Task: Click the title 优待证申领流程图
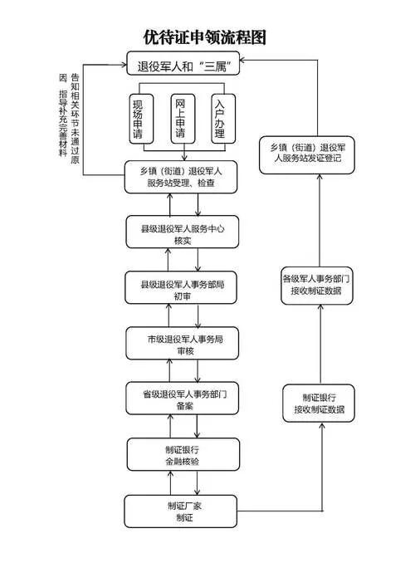pyautogui.click(x=205, y=37)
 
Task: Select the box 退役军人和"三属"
pyautogui.click(x=183, y=64)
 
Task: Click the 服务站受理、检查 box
pyautogui.click(x=182, y=177)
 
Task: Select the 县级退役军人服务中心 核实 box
pyautogui.click(x=182, y=232)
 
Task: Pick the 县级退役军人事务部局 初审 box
pyautogui.click(x=182, y=288)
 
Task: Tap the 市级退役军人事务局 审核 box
pyautogui.click(x=182, y=344)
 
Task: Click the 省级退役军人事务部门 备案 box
pyautogui.click(x=182, y=399)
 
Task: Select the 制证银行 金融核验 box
pyautogui.click(x=182, y=454)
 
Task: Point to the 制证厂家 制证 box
pyautogui.click(x=182, y=511)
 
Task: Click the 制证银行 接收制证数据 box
pyautogui.click(x=319, y=403)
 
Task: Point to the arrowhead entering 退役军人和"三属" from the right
pyautogui.click(x=244, y=61)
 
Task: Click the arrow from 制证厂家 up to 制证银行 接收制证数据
pyautogui.click(x=320, y=465)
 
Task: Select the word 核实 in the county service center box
pyautogui.click(x=182, y=240)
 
